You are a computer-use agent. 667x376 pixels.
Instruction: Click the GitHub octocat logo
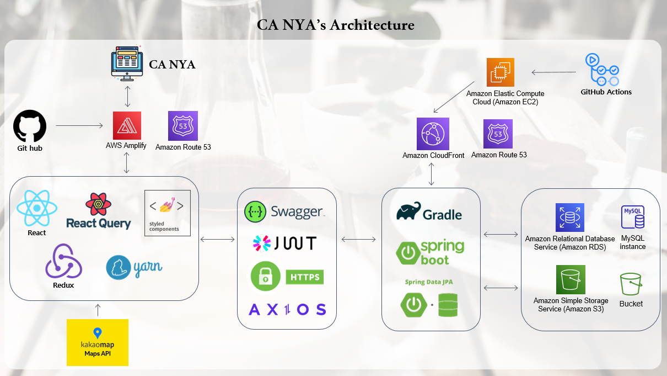coord(29,125)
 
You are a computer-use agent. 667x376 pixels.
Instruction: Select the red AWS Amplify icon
coord(127,125)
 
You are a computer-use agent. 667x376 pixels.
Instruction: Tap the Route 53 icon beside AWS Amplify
coord(183,126)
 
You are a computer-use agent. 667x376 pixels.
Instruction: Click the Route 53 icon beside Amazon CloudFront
coord(498,134)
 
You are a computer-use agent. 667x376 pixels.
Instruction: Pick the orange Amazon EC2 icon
coord(501,72)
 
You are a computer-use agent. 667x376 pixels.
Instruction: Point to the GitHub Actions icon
coord(602,69)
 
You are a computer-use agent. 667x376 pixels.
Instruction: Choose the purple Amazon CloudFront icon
coord(433,134)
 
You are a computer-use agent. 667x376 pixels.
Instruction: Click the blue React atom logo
coord(37,208)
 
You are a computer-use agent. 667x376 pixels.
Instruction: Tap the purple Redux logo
coord(63,261)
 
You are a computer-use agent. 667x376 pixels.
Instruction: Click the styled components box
coord(168,213)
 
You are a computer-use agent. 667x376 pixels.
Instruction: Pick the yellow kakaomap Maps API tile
coord(98,342)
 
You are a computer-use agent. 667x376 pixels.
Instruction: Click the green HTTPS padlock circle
coord(266,276)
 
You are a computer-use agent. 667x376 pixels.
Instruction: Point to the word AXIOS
coord(287,309)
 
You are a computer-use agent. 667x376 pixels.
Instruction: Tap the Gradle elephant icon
coord(408,212)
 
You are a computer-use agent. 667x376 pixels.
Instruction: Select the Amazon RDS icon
coord(569,218)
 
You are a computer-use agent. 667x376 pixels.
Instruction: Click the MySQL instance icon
coord(632,217)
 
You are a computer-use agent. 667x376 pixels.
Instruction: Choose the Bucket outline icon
coord(631,284)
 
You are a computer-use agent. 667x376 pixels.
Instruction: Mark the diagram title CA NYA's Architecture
coord(335,25)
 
